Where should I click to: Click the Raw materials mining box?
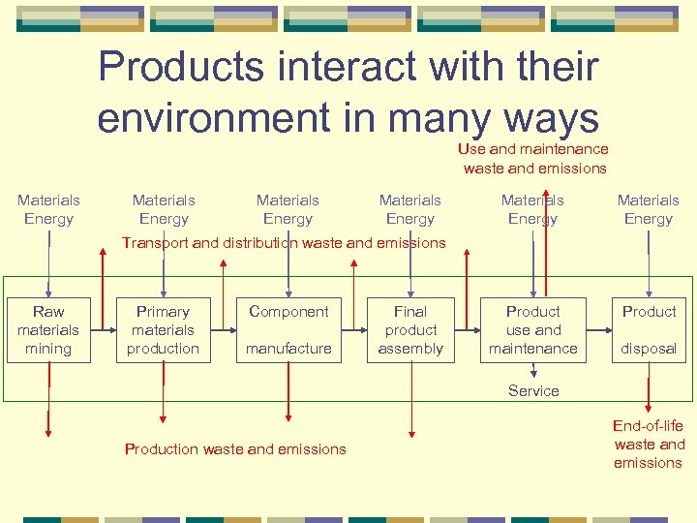point(48,330)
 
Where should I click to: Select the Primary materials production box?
point(163,330)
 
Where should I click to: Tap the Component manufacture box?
point(288,330)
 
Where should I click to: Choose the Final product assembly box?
point(410,330)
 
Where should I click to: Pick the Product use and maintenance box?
point(533,330)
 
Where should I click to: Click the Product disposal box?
point(649,330)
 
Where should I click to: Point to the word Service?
point(533,391)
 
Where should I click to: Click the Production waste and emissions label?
point(235,449)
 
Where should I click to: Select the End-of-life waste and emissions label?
point(649,445)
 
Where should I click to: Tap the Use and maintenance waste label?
point(534,159)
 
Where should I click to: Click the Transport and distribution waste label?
point(284,243)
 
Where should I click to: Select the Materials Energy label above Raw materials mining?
point(48,209)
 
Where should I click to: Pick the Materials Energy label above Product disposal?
point(649,209)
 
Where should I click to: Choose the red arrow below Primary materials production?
point(163,407)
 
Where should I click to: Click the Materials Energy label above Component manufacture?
point(288,209)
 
